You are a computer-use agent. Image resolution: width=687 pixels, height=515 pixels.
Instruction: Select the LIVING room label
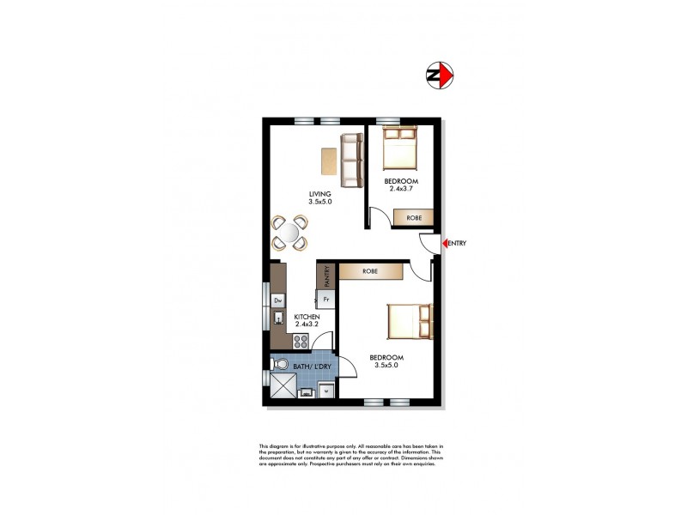point(320,194)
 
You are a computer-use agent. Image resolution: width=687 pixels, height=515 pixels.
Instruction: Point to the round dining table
point(290,232)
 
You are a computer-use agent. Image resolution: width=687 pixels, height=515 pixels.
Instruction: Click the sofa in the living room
point(350,160)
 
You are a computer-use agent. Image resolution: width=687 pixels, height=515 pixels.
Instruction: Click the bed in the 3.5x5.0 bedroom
point(408,323)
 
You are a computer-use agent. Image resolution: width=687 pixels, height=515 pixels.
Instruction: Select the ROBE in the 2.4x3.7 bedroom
point(414,218)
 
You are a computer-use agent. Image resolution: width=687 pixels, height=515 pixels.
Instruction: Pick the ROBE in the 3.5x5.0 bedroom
point(371,271)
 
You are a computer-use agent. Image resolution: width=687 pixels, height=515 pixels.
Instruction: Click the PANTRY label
point(326,276)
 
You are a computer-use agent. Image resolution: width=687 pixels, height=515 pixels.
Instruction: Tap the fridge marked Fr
point(326,300)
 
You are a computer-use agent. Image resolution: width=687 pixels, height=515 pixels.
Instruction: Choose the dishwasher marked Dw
point(278,300)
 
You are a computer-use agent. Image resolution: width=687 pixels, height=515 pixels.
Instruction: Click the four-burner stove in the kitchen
point(301,342)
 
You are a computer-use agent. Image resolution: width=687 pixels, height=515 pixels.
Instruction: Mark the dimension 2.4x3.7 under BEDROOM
point(401,190)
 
